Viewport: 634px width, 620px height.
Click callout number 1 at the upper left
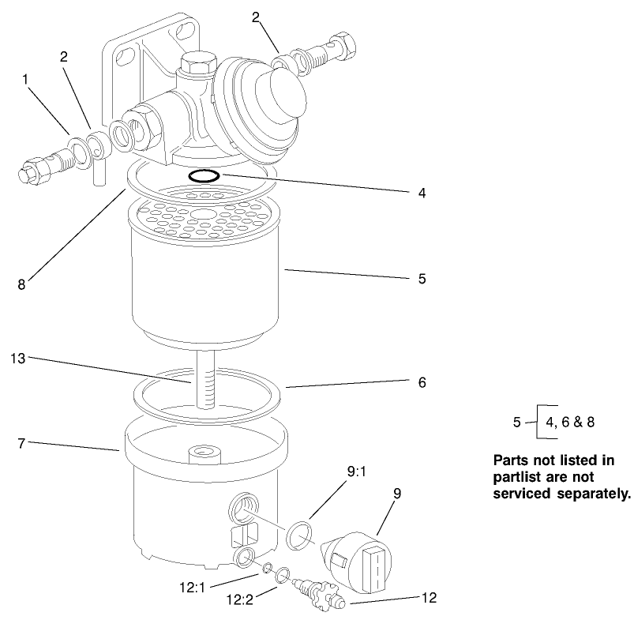click(x=26, y=79)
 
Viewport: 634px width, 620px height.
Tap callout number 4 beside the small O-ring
click(x=423, y=192)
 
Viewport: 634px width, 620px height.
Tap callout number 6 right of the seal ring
click(x=422, y=382)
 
